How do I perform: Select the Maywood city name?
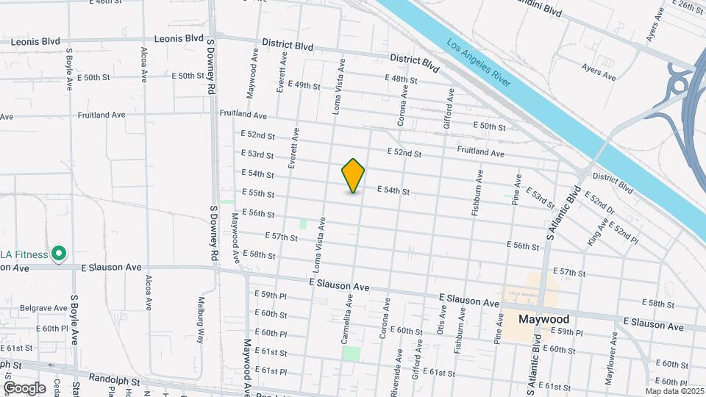pyautogui.click(x=543, y=320)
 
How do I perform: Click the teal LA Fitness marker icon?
pyautogui.click(x=58, y=254)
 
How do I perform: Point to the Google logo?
pyautogui.click(x=24, y=387)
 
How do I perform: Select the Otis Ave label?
pyautogui.click(x=443, y=321)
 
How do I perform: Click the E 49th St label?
pyautogui.click(x=303, y=85)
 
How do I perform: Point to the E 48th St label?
pyautogui.click(x=401, y=79)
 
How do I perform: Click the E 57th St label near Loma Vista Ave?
pyautogui.click(x=280, y=237)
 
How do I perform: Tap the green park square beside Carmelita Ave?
pyautogui.click(x=352, y=353)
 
